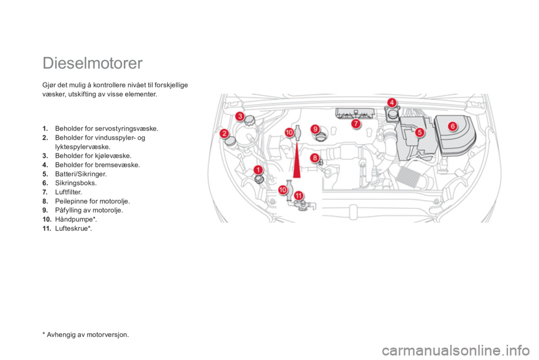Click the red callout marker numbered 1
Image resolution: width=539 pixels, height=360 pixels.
258,169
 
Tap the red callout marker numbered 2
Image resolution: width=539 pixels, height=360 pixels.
225,133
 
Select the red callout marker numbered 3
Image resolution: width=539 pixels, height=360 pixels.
240,116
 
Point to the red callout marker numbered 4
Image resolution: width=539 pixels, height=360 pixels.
391,102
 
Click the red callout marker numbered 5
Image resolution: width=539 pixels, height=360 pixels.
419,132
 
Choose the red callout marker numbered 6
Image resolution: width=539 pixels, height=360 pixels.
453,126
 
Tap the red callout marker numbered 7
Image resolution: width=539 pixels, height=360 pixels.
356,124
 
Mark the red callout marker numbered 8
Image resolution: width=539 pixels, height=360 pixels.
314,158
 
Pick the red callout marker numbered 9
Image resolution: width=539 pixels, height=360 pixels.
315,129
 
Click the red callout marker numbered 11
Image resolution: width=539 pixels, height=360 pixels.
299,196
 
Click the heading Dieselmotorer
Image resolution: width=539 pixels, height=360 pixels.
93,64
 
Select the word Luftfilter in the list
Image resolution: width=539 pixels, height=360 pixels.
68,192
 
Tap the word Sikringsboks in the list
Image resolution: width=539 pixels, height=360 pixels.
75,183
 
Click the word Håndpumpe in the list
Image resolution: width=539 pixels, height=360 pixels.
74,219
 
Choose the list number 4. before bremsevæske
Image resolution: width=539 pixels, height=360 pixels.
45,165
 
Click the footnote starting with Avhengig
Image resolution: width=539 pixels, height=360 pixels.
85,335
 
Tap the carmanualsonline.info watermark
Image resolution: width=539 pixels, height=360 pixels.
456,350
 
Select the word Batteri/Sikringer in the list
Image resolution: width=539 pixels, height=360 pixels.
81,174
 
